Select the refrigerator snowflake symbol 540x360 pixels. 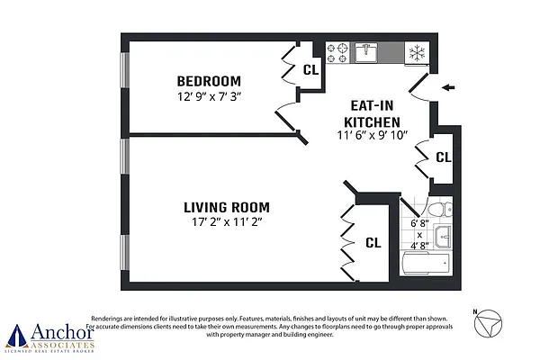[417, 52]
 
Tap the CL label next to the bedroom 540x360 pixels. [310, 68]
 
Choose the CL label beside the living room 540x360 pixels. [373, 242]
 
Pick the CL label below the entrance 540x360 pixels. [443, 157]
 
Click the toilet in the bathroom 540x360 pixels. [436, 211]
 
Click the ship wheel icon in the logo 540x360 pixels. [14, 336]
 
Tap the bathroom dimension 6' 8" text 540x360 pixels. [418, 222]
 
